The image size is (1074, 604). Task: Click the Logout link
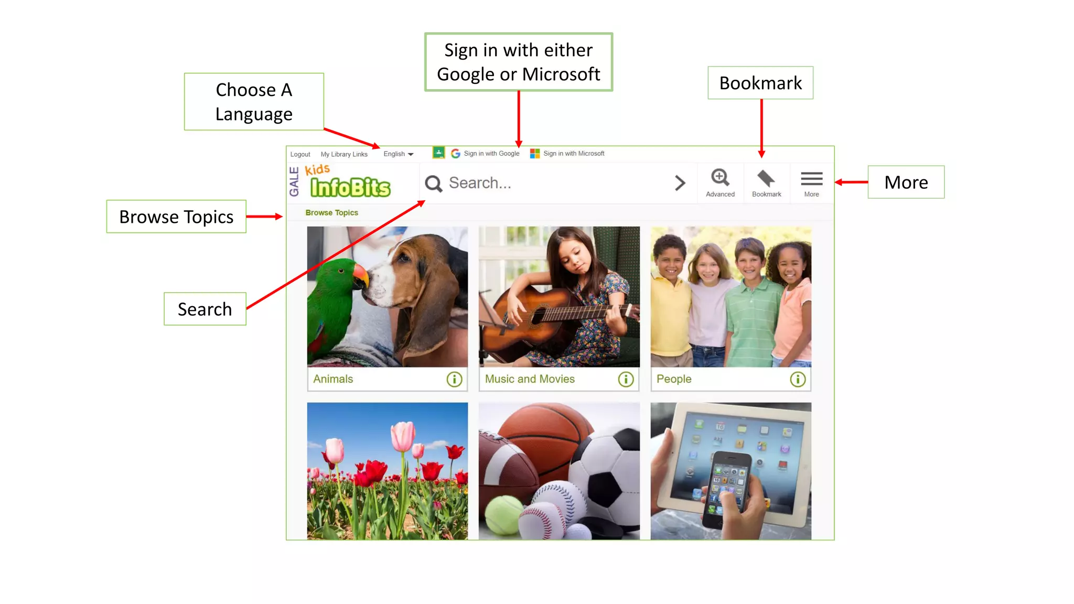tap(300, 154)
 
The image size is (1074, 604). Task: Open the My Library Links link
tap(344, 154)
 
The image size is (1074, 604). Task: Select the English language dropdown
tap(398, 154)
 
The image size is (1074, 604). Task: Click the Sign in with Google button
tap(485, 153)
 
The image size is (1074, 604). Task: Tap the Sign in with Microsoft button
tap(567, 153)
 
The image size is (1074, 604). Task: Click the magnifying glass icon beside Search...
tap(434, 184)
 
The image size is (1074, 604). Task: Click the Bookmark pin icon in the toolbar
tap(766, 179)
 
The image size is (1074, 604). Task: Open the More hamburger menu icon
tap(811, 179)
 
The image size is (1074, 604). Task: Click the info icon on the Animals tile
tap(454, 379)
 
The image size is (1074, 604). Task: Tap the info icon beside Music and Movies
tap(626, 379)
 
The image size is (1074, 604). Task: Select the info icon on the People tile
tap(798, 379)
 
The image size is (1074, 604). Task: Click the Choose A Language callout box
tap(254, 102)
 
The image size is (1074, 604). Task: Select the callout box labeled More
tap(906, 182)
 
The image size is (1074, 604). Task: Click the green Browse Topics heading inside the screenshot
tap(331, 212)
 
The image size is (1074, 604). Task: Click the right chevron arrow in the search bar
tap(680, 183)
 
